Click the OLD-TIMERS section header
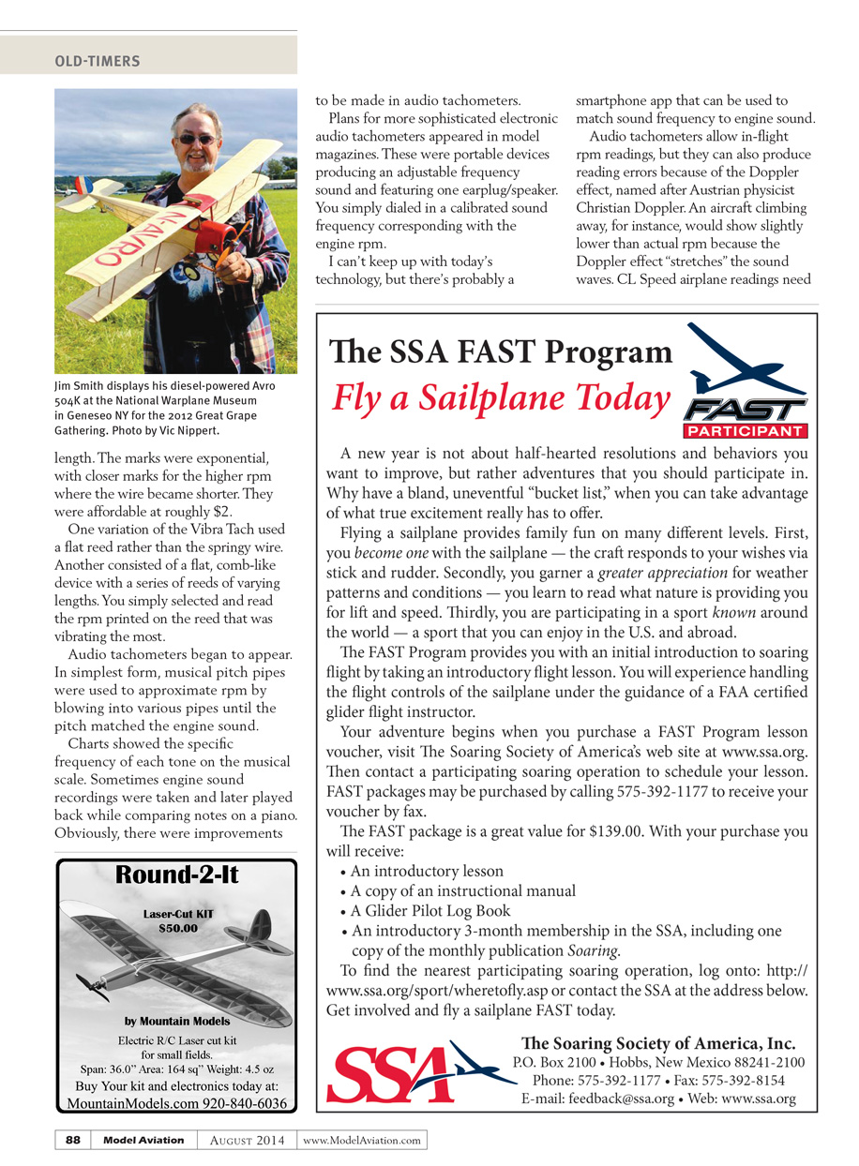[x=98, y=62]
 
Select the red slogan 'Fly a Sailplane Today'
[x=501, y=397]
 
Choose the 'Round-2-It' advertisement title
[x=177, y=875]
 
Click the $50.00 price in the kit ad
[x=177, y=929]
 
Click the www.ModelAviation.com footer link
[x=362, y=1141]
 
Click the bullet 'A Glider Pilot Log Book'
[x=430, y=911]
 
